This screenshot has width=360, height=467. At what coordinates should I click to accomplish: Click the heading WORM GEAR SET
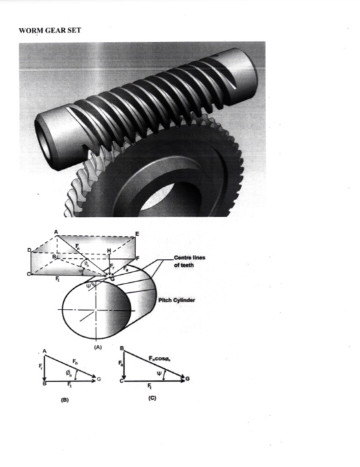coord(50,30)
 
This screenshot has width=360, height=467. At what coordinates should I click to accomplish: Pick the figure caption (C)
coord(143,402)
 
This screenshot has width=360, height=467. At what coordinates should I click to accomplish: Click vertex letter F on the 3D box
coord(137,257)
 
